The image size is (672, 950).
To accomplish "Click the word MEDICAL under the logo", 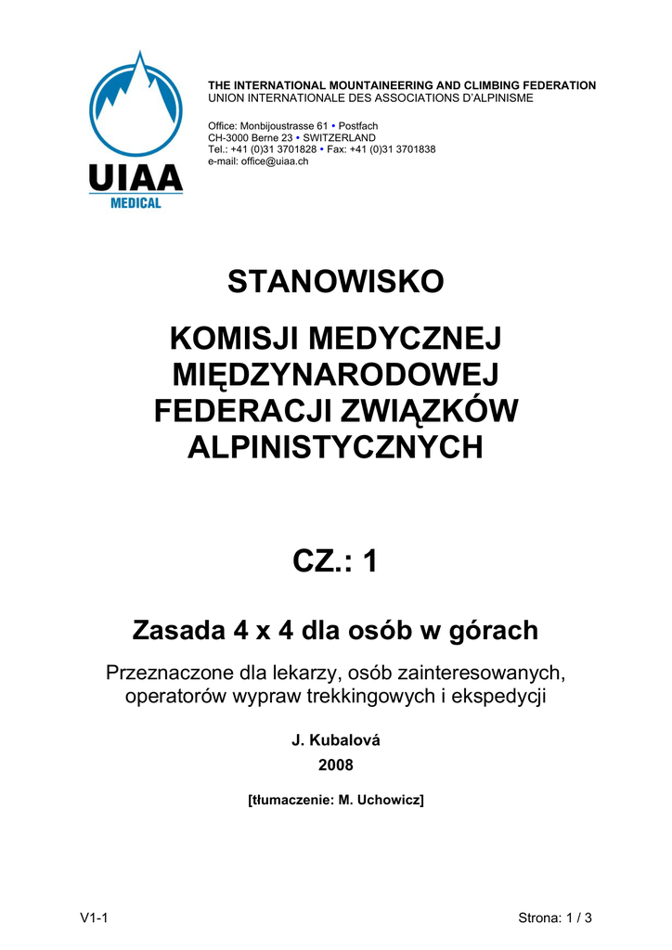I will (136, 203).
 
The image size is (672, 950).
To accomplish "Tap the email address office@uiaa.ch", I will (275, 161).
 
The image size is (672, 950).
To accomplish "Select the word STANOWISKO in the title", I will (336, 281).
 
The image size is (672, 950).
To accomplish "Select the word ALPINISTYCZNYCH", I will (336, 448).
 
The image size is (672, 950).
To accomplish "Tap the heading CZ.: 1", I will (336, 561).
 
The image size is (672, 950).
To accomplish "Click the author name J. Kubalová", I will (336, 740).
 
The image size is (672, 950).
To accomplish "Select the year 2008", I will (336, 765).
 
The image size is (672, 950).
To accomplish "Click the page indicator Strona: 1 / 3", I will (555, 918).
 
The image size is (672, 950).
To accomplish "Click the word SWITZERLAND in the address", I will (340, 137).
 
